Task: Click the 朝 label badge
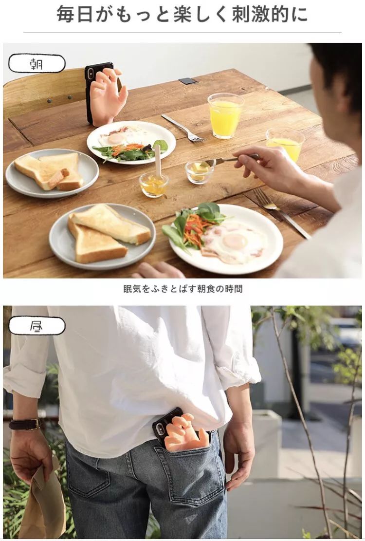(37, 63)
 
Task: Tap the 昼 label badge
(37, 326)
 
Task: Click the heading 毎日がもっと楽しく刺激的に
(182, 14)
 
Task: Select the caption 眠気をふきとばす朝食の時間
(183, 289)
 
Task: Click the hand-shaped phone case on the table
(105, 93)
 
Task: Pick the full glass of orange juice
(225, 115)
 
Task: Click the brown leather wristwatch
(25, 424)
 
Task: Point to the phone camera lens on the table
(91, 73)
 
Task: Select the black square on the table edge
(188, 81)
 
